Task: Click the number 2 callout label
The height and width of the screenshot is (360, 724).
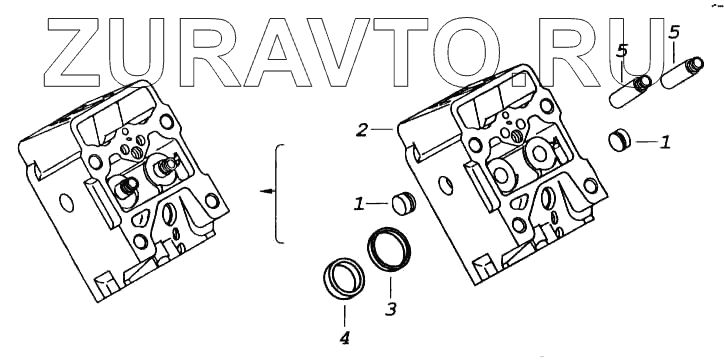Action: click(362, 130)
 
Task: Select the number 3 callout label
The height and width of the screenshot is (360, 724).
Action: click(391, 309)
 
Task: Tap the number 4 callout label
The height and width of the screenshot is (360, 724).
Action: click(344, 339)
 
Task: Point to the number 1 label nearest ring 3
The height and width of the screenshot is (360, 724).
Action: click(359, 204)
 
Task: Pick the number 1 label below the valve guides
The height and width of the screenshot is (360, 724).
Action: click(665, 142)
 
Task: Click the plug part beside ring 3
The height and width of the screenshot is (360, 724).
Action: click(404, 204)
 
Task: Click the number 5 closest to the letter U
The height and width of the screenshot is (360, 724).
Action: click(622, 51)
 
